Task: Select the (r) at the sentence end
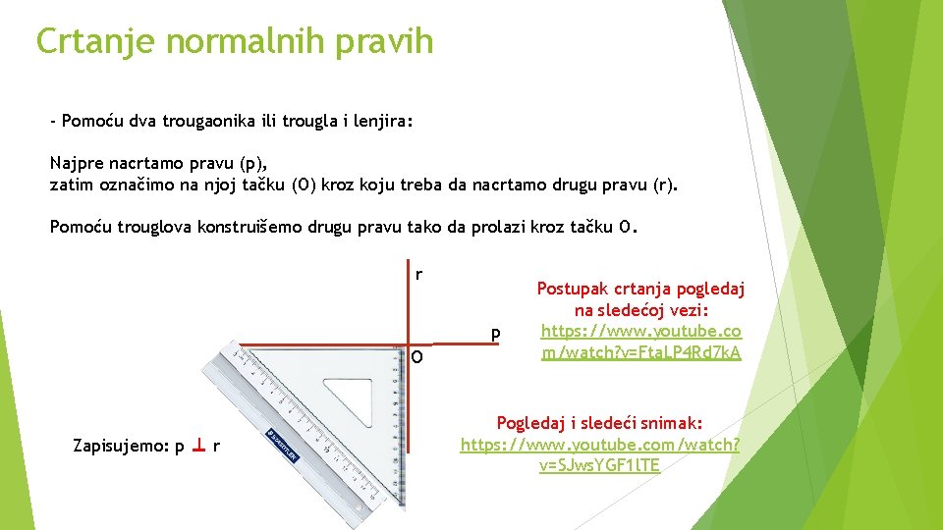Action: click(x=663, y=184)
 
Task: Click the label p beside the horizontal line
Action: click(x=496, y=335)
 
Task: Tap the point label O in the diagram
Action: click(x=417, y=357)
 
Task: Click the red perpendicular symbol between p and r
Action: click(x=198, y=447)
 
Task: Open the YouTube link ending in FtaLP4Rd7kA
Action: click(x=640, y=342)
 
